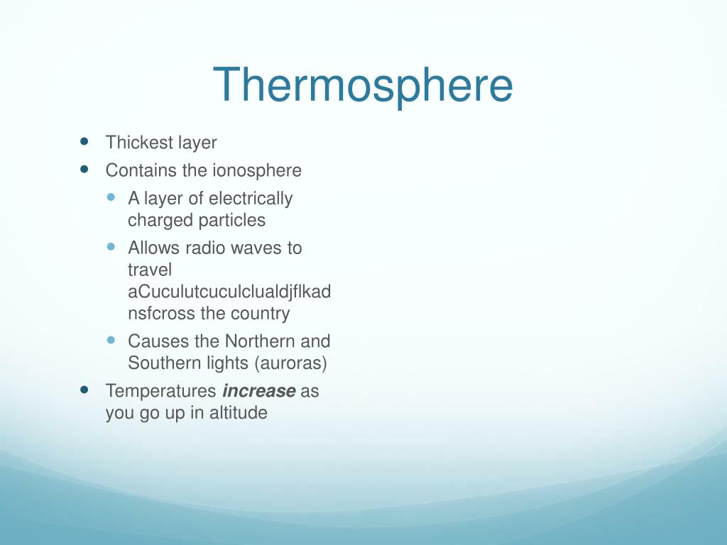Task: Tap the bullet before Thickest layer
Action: [x=85, y=141]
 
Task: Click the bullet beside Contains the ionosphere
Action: [x=85, y=170]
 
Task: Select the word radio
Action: [x=206, y=248]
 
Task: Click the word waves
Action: [x=260, y=248]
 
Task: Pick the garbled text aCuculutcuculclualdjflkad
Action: [x=229, y=292]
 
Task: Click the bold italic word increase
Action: [x=258, y=391]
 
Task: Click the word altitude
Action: [x=238, y=413]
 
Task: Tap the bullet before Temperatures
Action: [x=85, y=390]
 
